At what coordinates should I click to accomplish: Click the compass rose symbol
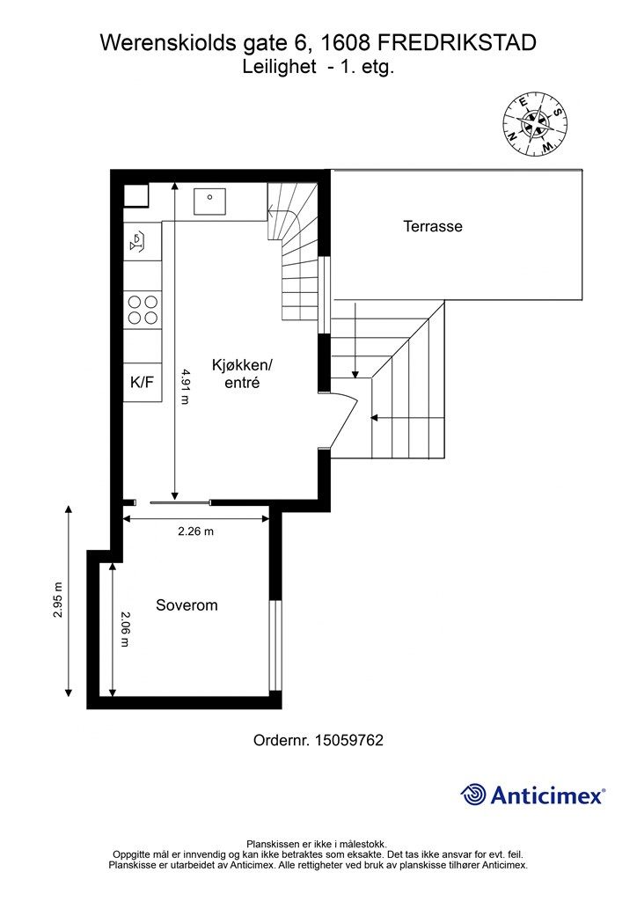[x=535, y=123]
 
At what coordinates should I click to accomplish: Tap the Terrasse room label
[x=433, y=226]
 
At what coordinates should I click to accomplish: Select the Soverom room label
[x=187, y=605]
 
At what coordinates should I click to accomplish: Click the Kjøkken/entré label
[x=242, y=373]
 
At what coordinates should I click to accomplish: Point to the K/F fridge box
[x=143, y=382]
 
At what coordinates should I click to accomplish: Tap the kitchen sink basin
[x=209, y=201]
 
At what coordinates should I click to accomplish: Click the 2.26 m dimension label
[x=195, y=531]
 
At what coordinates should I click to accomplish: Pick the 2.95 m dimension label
[x=58, y=600]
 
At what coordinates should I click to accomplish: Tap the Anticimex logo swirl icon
[x=473, y=795]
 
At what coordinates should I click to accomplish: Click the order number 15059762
[x=348, y=740]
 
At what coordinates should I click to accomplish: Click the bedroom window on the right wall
[x=278, y=646]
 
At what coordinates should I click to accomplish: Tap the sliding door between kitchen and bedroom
[x=180, y=502]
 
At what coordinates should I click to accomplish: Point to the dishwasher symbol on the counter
[x=138, y=241]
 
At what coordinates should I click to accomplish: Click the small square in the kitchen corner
[x=136, y=195]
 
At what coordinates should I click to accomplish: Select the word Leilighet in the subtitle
[x=279, y=67]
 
